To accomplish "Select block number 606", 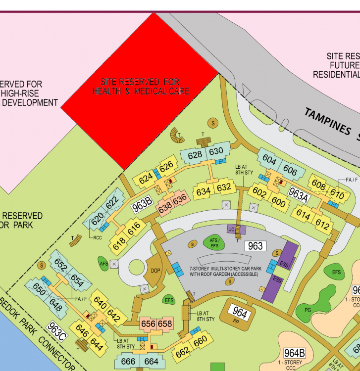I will pyautogui.click(x=290, y=172).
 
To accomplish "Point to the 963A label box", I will pyautogui.click(x=299, y=195).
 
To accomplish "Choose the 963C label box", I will pyautogui.click(x=56, y=330).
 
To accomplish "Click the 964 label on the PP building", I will pyautogui.click(x=240, y=313).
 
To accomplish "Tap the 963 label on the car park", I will pyautogui.click(x=256, y=246).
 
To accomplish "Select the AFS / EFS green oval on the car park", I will pyautogui.click(x=214, y=243).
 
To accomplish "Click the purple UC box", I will pyautogui.click(x=231, y=230).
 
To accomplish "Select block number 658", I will pyautogui.click(x=165, y=324).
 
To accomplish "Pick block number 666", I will pyautogui.click(x=128, y=362).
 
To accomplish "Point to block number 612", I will pyautogui.click(x=322, y=226).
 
